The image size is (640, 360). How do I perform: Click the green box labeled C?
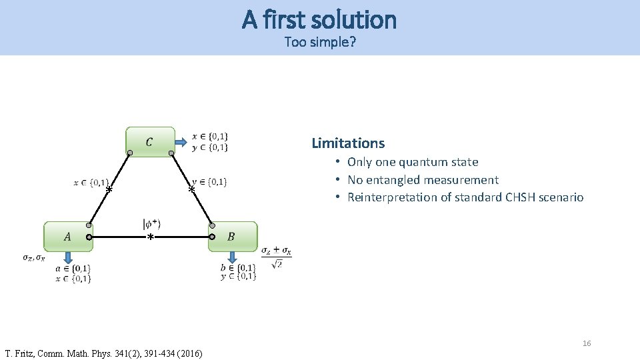pyautogui.click(x=150, y=142)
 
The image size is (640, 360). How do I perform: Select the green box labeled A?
pyautogui.click(x=67, y=237)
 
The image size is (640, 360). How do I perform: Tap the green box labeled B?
pyautogui.click(x=232, y=237)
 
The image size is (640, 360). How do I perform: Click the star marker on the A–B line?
pyautogui.click(x=151, y=237)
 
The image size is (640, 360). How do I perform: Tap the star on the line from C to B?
pyautogui.click(x=191, y=190)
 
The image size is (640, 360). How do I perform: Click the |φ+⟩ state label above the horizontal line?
pyautogui.click(x=151, y=223)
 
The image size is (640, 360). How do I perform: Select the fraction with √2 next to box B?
pyautogui.click(x=276, y=257)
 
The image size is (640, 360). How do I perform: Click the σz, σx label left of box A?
pyautogui.click(x=34, y=258)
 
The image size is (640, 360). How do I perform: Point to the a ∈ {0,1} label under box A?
pyautogui.click(x=73, y=269)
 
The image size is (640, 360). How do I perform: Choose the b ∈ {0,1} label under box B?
pyautogui.click(x=238, y=268)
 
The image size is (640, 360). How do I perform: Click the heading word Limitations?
pyautogui.click(x=348, y=143)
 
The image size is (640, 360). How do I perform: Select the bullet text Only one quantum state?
pyautogui.click(x=413, y=162)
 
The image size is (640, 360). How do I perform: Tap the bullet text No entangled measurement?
pyautogui.click(x=423, y=180)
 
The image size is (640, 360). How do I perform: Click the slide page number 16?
pyautogui.click(x=587, y=343)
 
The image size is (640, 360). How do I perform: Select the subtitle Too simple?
pyautogui.click(x=319, y=42)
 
